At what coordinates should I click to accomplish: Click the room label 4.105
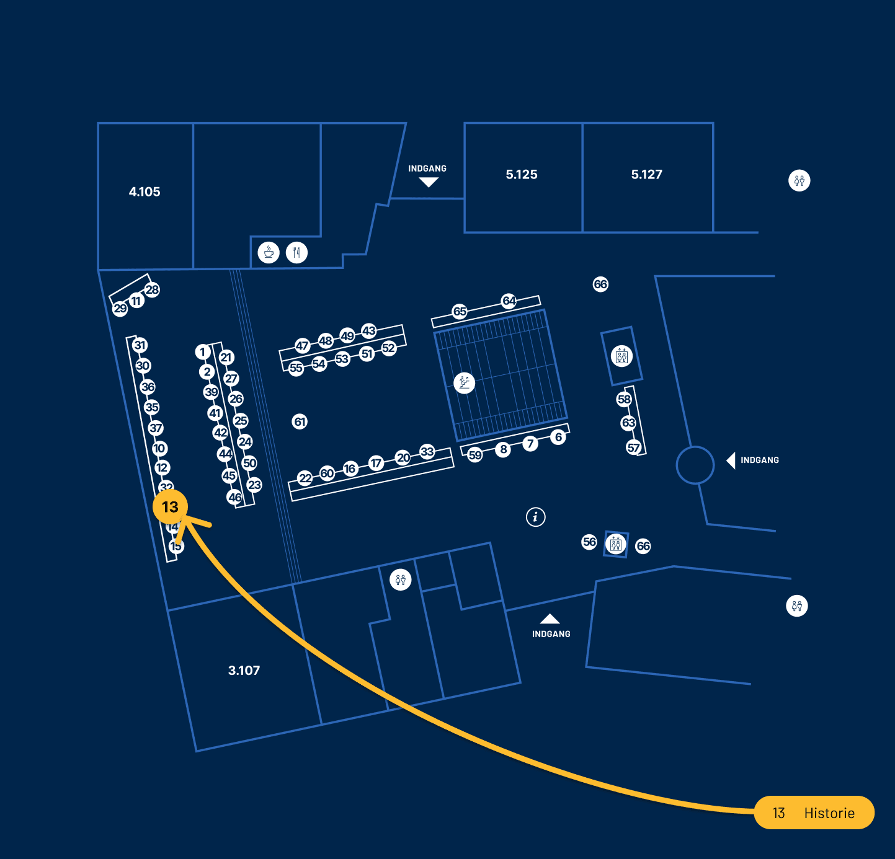pos(145,192)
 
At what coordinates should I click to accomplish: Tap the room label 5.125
pos(522,175)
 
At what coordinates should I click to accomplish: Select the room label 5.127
pos(646,175)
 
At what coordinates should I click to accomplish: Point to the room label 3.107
pos(244,671)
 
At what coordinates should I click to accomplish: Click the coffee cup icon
pos(269,252)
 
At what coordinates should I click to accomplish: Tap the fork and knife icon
pos(296,252)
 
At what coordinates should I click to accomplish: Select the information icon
pos(536,516)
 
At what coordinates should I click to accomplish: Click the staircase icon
pos(464,382)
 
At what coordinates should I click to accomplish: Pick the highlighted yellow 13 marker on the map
pos(170,507)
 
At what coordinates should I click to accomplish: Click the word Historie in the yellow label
pos(829,813)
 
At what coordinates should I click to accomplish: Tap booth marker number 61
pos(300,421)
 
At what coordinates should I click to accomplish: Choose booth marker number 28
pos(152,289)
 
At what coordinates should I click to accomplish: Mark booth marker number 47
pos(302,346)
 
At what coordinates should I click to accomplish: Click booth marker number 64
pos(509,301)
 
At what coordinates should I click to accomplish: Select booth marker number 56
pos(589,542)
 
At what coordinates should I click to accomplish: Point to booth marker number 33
pos(427,451)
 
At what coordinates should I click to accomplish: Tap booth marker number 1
pos(202,352)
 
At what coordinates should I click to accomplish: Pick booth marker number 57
pos(633,447)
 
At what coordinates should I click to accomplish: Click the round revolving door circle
pos(695,465)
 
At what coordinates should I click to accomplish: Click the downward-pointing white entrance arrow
pos(428,182)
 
